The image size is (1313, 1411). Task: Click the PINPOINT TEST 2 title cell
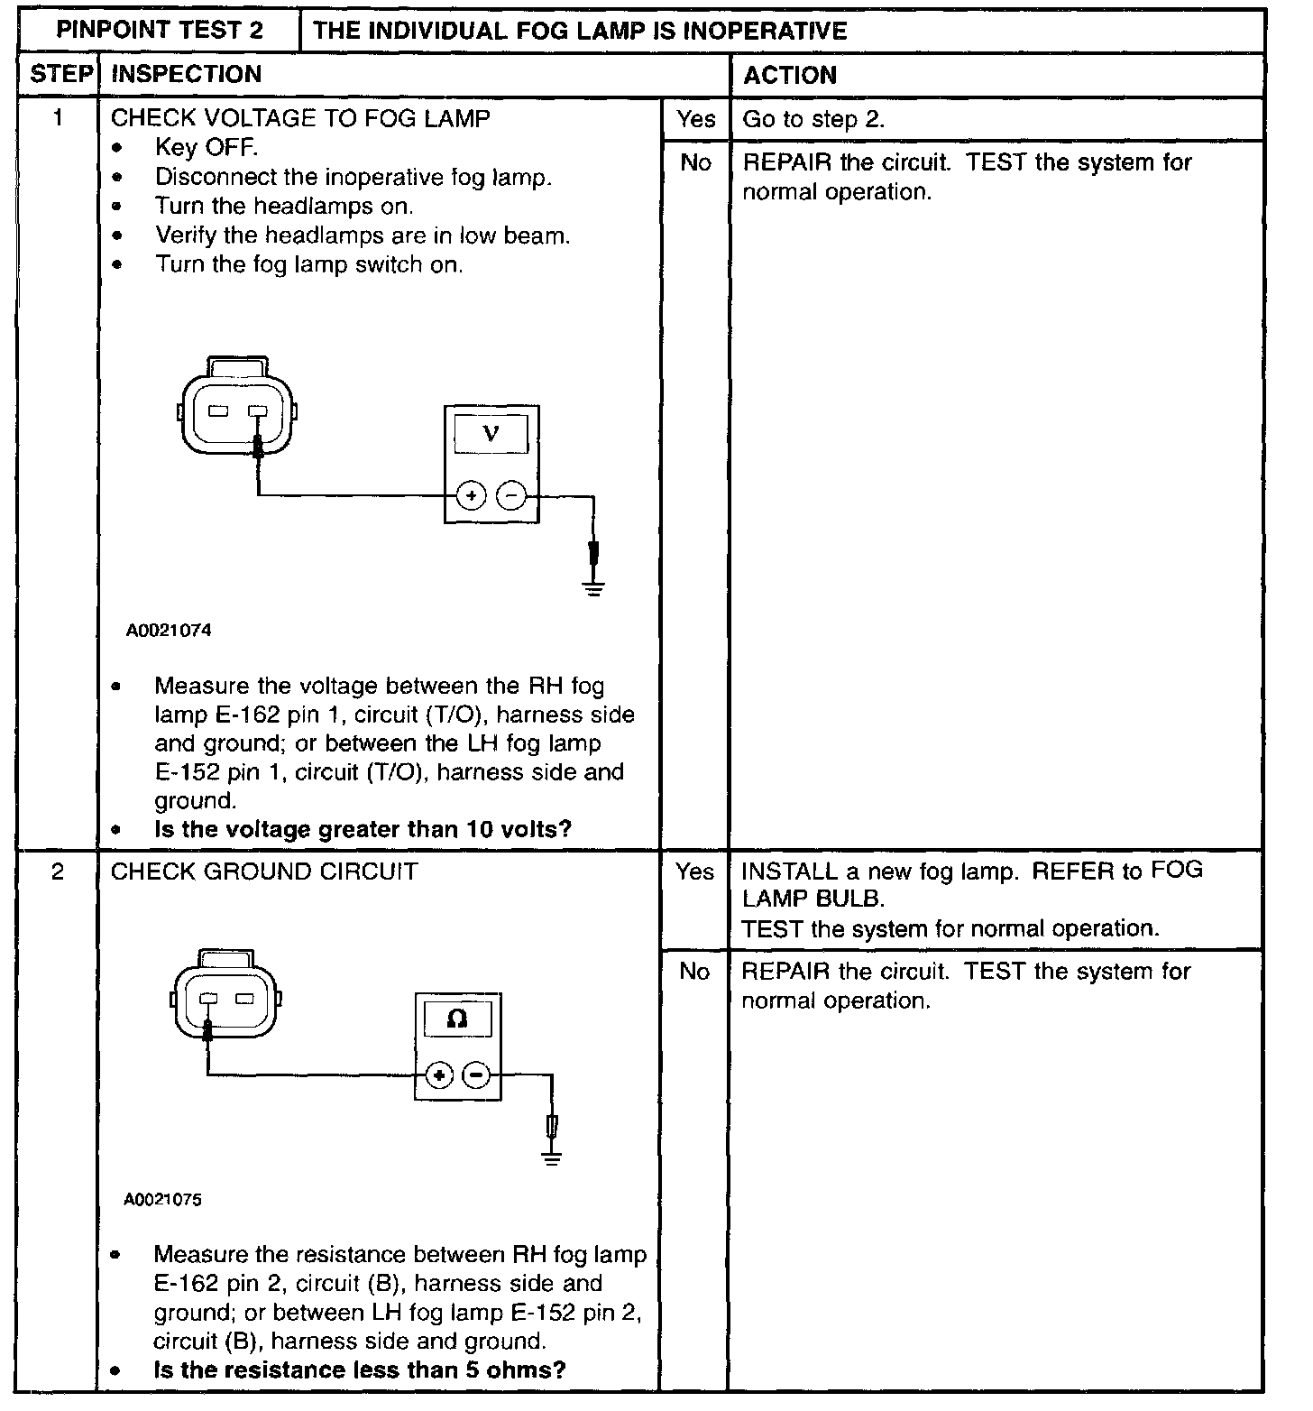click(160, 30)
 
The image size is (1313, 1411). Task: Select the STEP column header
click(60, 74)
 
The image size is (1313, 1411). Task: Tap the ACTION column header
click(790, 75)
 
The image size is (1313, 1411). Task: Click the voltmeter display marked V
click(491, 434)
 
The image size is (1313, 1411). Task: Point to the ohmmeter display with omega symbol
click(457, 1019)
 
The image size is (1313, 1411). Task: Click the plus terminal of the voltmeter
click(471, 495)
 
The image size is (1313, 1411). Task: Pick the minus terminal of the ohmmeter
click(476, 1074)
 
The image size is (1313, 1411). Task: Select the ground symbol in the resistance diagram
click(552, 1157)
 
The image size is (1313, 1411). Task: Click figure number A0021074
click(169, 631)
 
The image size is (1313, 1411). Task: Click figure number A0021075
click(163, 1200)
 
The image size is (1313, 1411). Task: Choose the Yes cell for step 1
click(696, 119)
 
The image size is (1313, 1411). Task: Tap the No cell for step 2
click(694, 972)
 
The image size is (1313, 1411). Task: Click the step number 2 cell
click(58, 872)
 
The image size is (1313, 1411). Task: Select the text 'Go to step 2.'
click(813, 119)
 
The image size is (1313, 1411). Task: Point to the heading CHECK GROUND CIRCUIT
click(264, 872)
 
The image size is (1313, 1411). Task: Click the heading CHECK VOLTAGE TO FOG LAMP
click(300, 118)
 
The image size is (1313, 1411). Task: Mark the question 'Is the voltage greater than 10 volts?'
click(363, 829)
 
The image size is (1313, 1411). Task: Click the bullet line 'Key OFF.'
click(207, 147)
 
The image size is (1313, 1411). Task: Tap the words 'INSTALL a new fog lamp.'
click(880, 871)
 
